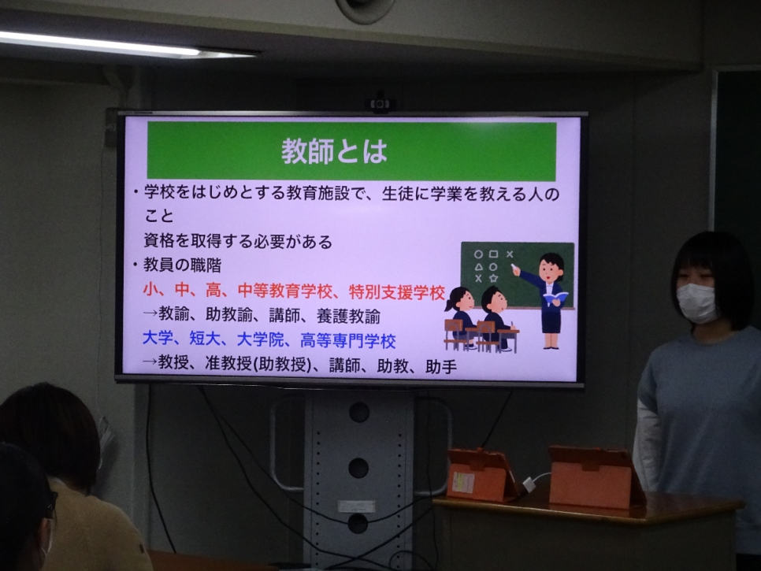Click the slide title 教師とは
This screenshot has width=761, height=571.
[334, 151]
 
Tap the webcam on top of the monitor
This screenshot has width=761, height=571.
[380, 104]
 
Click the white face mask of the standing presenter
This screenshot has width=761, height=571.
[696, 303]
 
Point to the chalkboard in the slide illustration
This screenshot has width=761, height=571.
[518, 275]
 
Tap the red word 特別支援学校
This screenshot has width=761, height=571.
[396, 292]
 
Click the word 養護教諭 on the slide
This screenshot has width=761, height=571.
[348, 317]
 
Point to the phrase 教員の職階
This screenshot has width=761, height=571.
[182, 265]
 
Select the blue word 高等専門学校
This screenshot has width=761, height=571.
[348, 340]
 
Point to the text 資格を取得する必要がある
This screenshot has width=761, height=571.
[238, 241]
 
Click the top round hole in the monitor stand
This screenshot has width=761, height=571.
[359, 412]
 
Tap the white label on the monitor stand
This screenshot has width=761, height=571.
[356, 506]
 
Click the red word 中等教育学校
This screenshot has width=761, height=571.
[285, 291]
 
